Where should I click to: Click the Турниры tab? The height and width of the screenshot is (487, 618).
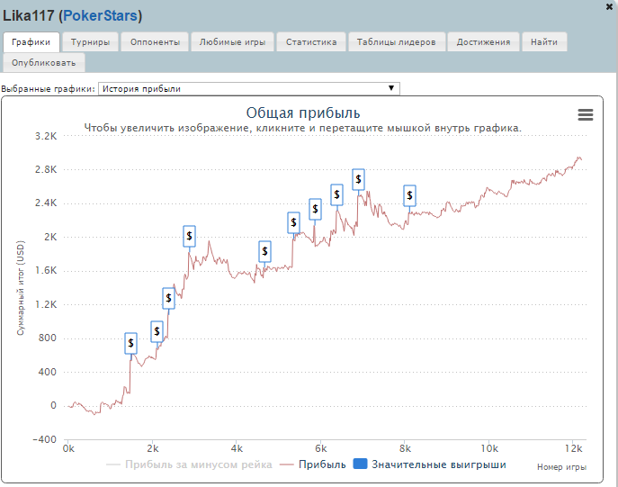[x=91, y=41]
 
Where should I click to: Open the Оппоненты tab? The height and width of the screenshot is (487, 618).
[x=154, y=41]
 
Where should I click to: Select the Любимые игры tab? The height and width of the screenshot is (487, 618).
[x=231, y=41]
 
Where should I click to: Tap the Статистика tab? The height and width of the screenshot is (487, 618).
[x=311, y=41]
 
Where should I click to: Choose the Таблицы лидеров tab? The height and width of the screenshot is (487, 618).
[x=396, y=41]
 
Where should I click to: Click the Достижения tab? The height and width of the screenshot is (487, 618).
[x=483, y=41]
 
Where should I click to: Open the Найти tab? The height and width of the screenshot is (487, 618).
[x=543, y=41]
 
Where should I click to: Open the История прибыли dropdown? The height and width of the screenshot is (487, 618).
[x=247, y=88]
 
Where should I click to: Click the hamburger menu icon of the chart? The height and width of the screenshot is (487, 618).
[x=586, y=114]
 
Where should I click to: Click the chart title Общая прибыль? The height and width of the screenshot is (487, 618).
[x=303, y=113]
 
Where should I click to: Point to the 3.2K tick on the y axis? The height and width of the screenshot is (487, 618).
[x=45, y=137]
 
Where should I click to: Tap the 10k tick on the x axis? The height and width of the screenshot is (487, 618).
[x=488, y=447]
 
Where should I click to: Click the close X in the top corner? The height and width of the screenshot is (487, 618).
[x=610, y=6]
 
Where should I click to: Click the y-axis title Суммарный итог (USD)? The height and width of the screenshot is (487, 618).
[x=21, y=287]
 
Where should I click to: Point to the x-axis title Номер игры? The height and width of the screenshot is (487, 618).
[x=561, y=466]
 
